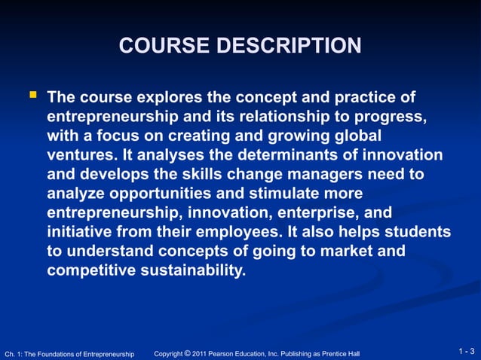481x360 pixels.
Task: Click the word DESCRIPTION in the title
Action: pyautogui.click(x=290, y=47)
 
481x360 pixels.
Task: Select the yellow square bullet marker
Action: pyautogui.click(x=32, y=96)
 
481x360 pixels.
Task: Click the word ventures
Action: pyautogui.click(x=80, y=156)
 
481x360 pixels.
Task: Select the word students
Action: pyautogui.click(x=418, y=233)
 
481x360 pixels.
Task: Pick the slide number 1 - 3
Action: pyautogui.click(x=467, y=352)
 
